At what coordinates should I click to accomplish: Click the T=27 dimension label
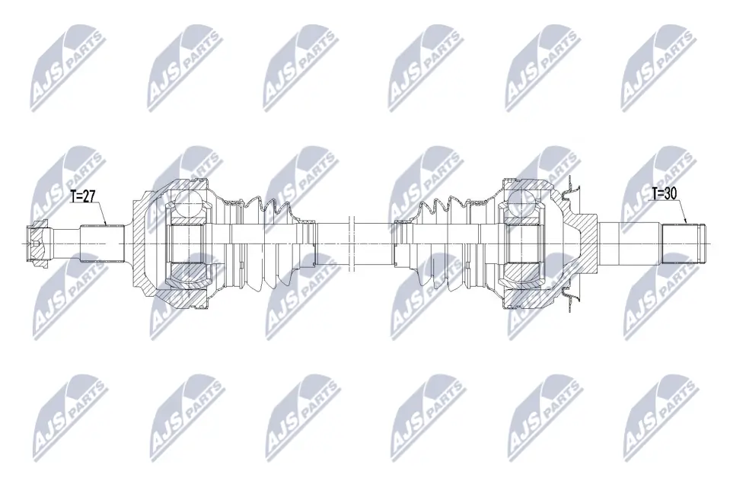click(x=82, y=196)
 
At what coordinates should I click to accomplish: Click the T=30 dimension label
click(x=664, y=193)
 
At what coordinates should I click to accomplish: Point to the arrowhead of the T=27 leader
click(x=106, y=224)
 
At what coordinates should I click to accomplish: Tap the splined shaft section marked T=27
click(x=103, y=243)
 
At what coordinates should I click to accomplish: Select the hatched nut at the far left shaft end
click(x=38, y=243)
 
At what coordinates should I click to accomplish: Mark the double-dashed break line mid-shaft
click(x=352, y=243)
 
